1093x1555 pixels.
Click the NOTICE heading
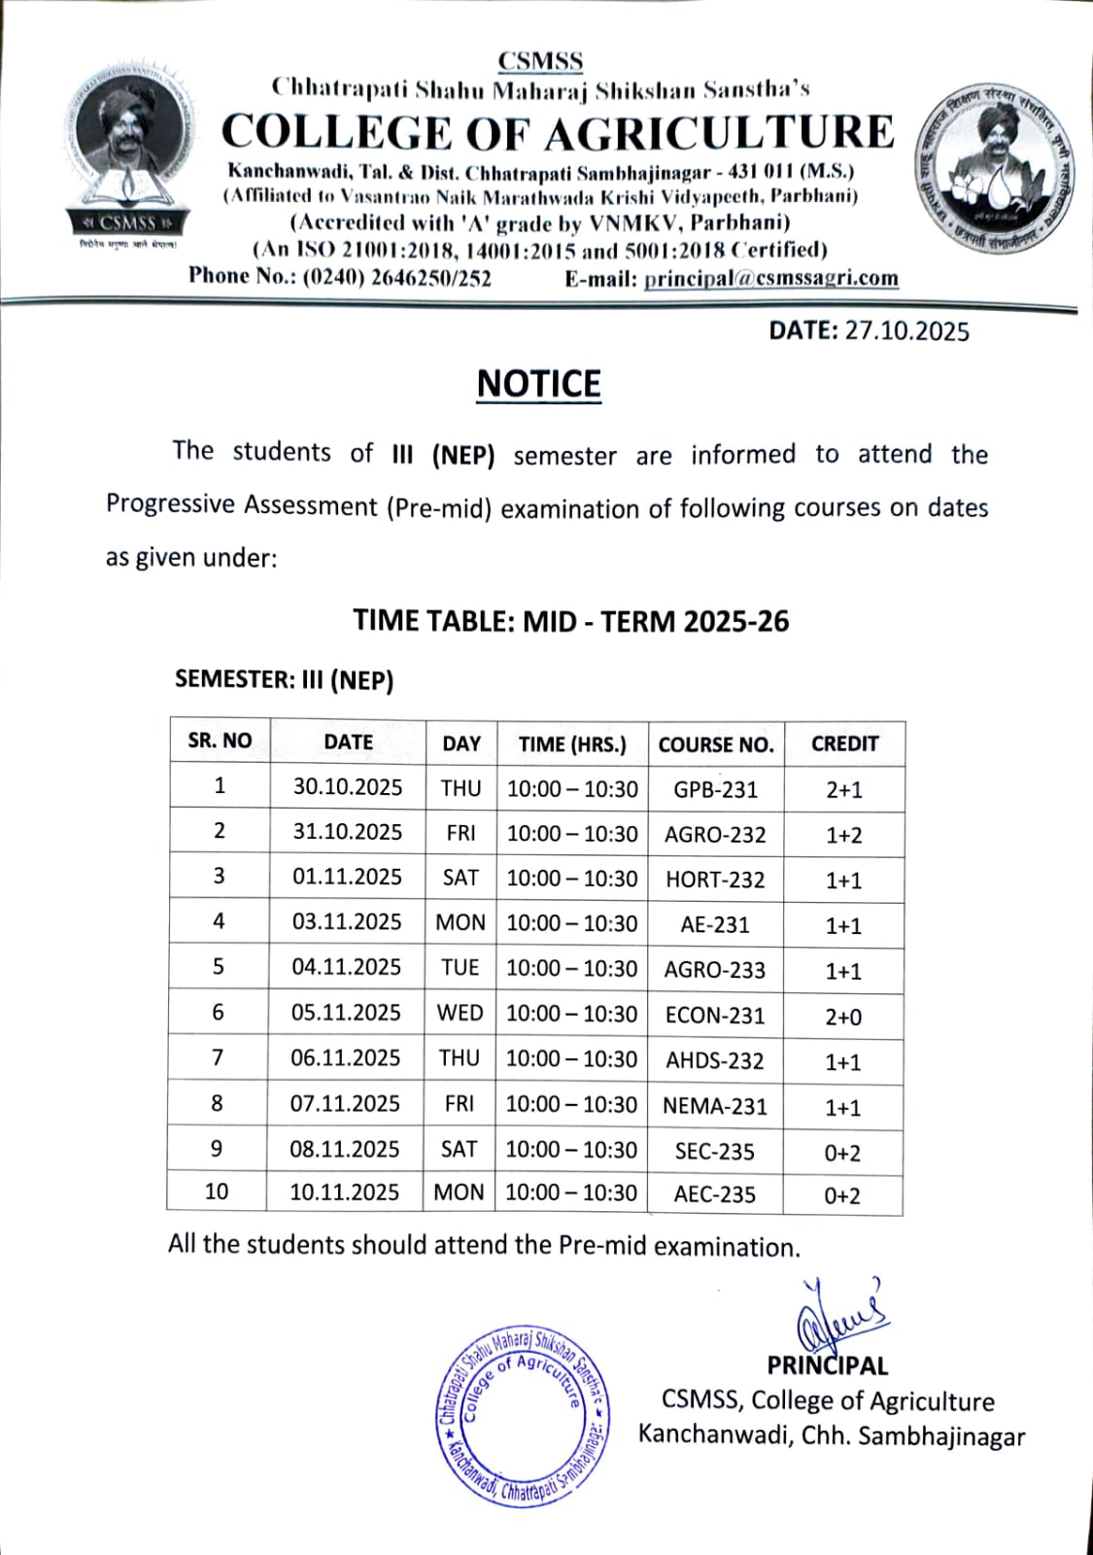point(539,384)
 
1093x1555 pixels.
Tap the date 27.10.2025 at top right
point(906,331)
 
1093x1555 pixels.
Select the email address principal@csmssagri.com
point(770,279)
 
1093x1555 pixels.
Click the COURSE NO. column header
point(716,744)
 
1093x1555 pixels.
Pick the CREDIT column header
point(844,743)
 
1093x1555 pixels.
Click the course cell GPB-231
point(716,789)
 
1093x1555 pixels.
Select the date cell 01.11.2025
point(347,878)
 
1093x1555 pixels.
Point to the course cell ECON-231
point(715,1016)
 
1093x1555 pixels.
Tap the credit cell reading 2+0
point(843,1017)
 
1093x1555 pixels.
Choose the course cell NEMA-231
point(715,1106)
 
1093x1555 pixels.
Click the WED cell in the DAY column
point(460,1013)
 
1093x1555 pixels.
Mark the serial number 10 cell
point(217,1192)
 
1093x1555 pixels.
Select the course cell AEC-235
point(715,1194)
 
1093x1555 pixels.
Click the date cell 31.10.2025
point(347,832)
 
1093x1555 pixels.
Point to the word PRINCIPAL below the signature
point(828,1365)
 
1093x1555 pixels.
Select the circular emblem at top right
point(993,167)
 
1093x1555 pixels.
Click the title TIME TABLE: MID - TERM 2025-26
point(571,621)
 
